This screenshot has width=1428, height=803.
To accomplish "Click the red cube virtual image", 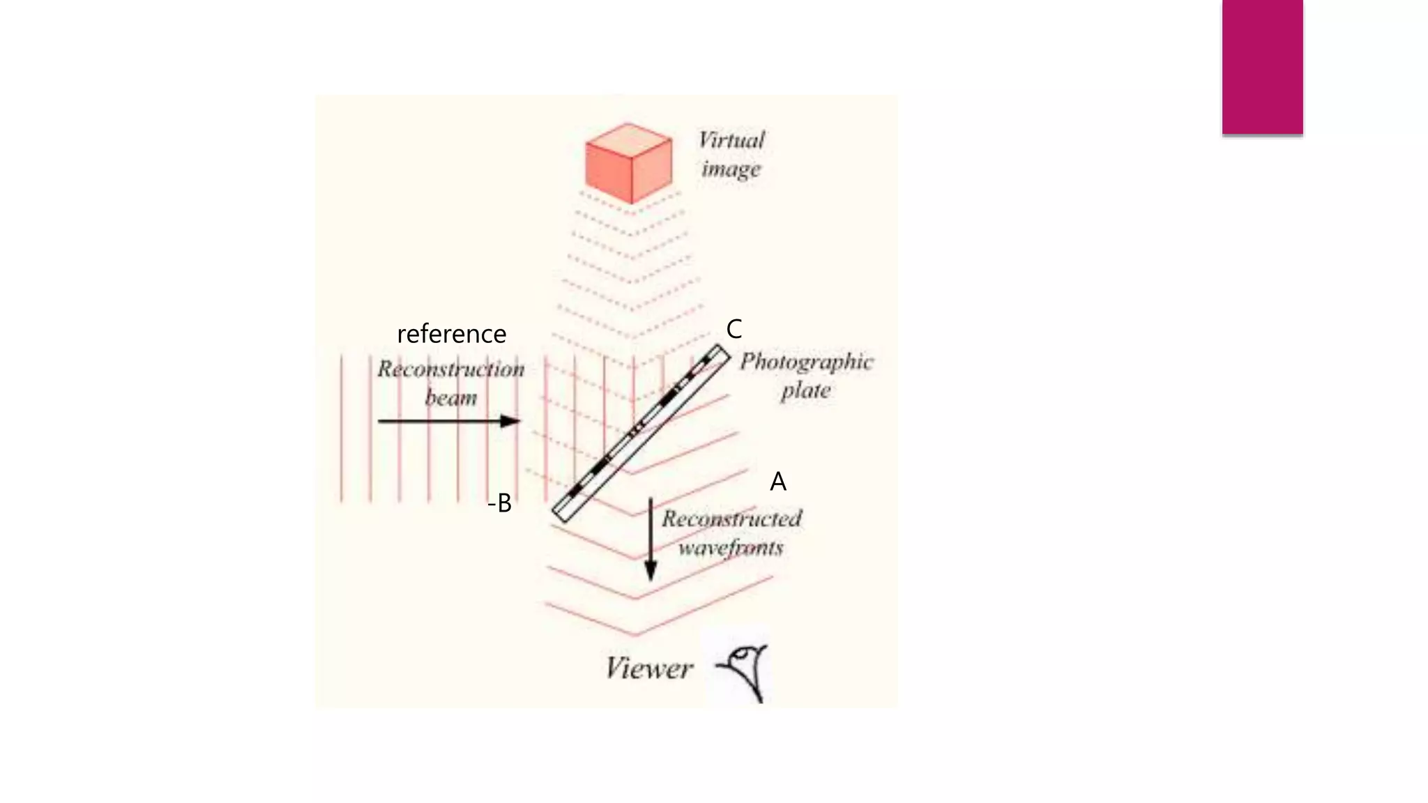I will point(629,165).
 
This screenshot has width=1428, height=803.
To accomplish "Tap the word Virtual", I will point(731,140).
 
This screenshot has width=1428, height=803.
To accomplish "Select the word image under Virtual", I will point(731,169).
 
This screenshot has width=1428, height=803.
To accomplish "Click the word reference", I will point(451,334).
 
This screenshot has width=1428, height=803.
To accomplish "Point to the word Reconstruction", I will point(451,369).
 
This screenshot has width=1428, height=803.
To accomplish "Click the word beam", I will point(451,398).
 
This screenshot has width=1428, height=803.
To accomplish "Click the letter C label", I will point(734,329).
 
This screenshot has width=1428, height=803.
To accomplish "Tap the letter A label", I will point(778,482).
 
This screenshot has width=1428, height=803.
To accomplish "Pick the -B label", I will point(500,503).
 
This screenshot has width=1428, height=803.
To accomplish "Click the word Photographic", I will point(806,362).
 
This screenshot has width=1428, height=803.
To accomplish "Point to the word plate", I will point(805,390).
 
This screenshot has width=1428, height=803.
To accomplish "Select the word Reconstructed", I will point(731,519).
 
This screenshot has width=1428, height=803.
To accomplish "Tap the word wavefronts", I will point(731,548).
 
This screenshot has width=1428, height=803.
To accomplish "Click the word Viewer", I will point(648,668).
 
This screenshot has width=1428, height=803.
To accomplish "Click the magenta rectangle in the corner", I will point(1262,67).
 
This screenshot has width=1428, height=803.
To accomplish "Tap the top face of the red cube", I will point(629,138).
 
